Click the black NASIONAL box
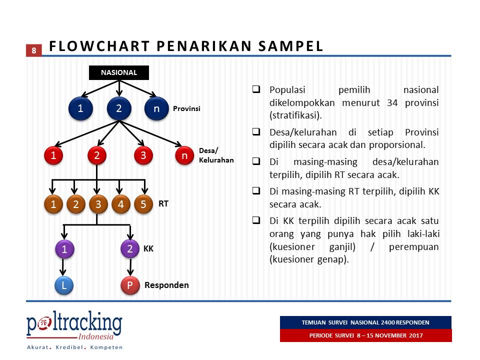pyautogui.click(x=119, y=72)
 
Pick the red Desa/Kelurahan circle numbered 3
pyautogui.click(x=143, y=155)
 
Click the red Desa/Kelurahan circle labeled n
pyautogui.click(x=184, y=155)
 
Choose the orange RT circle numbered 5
pyautogui.click(x=143, y=204)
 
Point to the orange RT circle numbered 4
pyautogui.click(x=120, y=204)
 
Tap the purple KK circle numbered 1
pyautogui.click(x=64, y=249)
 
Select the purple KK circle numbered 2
pyautogui.click(x=129, y=249)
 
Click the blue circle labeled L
pyautogui.click(x=64, y=285)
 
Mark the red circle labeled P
pyautogui.click(x=129, y=285)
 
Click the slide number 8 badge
pyautogui.click(x=33, y=50)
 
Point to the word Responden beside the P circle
pyautogui.click(x=166, y=285)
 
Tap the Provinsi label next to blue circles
pyautogui.click(x=186, y=108)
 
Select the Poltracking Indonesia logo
pyautogui.click(x=74, y=329)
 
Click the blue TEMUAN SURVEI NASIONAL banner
pyautogui.click(x=365, y=322)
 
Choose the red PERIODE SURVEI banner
pyautogui.click(x=365, y=335)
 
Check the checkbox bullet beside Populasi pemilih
pyautogui.click(x=255, y=90)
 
